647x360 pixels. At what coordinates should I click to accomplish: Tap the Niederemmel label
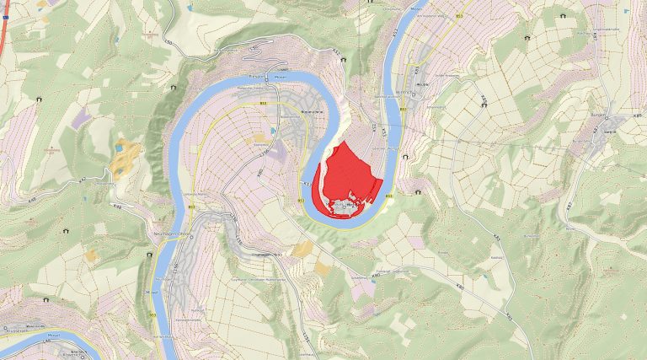pos(314,110)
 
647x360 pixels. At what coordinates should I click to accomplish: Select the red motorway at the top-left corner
pos(4,21)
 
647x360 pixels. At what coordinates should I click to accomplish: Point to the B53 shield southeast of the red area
pos(388,196)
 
